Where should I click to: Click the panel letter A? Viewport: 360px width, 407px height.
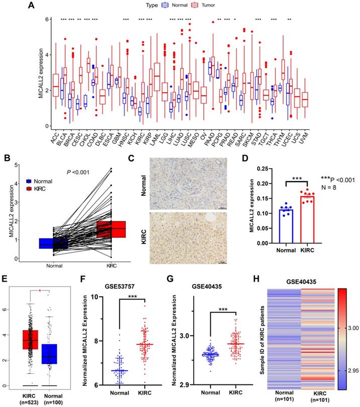click(x=31, y=6)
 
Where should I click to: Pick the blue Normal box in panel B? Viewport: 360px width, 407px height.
click(x=53, y=243)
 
